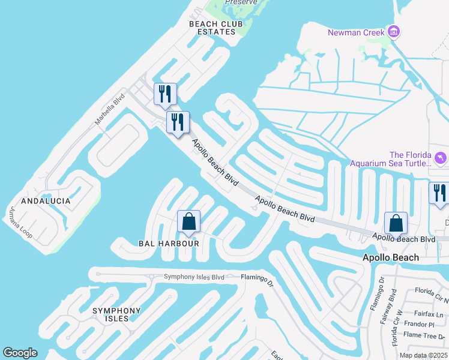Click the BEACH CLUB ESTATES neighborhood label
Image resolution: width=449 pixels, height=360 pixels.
click(212, 28)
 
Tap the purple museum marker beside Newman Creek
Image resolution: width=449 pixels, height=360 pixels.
click(394, 32)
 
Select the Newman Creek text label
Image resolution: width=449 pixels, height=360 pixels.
click(356, 32)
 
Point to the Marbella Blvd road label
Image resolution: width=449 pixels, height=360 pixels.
click(109, 109)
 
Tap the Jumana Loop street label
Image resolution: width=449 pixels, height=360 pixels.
click(20, 223)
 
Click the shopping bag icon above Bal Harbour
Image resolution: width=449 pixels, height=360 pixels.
click(188, 221)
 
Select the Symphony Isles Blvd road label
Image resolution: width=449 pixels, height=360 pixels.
click(194, 277)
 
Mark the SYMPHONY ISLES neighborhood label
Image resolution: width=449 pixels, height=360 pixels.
click(116, 314)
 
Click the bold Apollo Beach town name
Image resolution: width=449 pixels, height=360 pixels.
click(391, 257)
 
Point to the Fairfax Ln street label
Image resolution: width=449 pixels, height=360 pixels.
click(431, 314)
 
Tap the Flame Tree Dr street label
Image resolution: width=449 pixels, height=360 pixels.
click(424, 336)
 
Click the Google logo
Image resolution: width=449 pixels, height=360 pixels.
click(20, 353)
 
